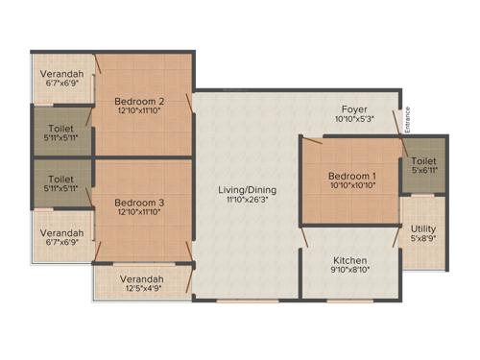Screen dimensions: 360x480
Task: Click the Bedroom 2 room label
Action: click(x=140, y=101)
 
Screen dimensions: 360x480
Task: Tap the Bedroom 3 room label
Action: click(x=140, y=203)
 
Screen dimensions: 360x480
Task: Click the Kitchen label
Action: click(x=349, y=260)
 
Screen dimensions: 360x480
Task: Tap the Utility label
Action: click(x=423, y=228)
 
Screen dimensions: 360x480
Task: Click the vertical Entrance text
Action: click(x=408, y=120)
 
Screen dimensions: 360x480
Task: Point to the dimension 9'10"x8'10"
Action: click(x=349, y=272)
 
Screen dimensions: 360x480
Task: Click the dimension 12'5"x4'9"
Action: click(x=141, y=290)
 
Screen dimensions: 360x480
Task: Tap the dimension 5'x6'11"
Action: click(x=423, y=172)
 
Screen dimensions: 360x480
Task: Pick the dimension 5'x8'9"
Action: click(x=423, y=239)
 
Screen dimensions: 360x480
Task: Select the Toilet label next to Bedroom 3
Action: click(x=61, y=179)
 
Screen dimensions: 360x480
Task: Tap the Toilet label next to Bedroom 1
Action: click(x=423, y=161)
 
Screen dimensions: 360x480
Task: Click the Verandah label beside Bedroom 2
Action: click(x=61, y=73)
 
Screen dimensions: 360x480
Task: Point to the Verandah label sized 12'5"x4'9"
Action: click(x=141, y=279)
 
